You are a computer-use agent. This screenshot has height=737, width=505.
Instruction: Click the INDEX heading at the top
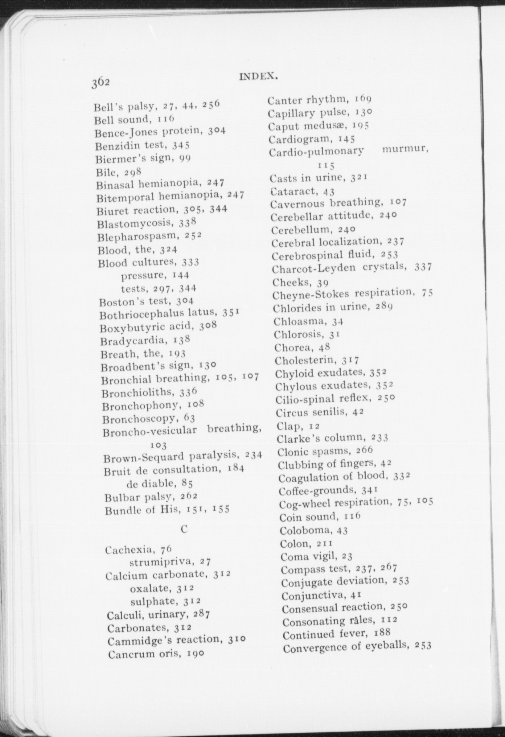click(x=258, y=77)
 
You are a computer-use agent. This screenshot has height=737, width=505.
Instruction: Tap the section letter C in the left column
click(x=184, y=529)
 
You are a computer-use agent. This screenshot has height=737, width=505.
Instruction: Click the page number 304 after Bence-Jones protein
click(x=217, y=130)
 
